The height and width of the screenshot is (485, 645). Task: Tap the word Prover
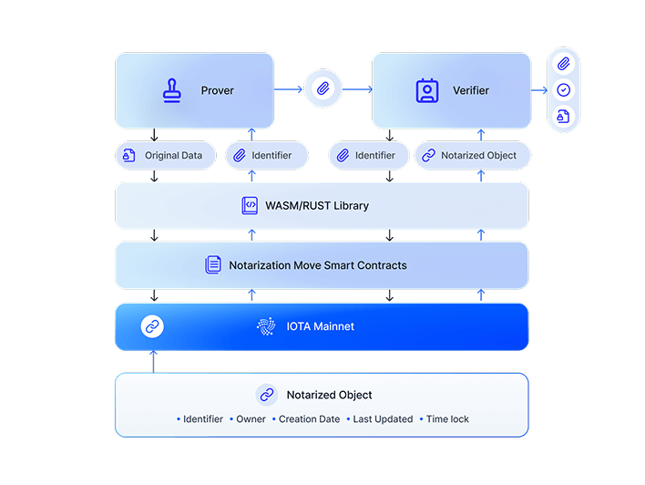218,90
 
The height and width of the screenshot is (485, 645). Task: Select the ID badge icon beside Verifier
426,90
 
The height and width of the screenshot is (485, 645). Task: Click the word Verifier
471,90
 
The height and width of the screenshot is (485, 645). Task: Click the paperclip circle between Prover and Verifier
322,89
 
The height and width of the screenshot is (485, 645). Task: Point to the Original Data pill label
173,156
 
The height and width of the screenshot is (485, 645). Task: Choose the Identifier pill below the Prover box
271,156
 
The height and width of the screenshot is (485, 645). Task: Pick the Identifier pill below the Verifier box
374,156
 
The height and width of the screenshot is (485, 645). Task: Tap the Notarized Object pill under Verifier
478,156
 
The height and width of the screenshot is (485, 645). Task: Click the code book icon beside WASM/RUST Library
250,205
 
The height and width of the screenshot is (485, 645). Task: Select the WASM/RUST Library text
317,205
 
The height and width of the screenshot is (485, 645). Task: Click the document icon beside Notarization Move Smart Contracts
213,265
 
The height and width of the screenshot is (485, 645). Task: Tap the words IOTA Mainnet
321,326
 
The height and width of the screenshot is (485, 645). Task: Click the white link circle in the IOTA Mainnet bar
153,326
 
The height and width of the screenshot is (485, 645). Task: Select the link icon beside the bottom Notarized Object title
267,395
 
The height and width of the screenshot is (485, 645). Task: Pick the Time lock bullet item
447,419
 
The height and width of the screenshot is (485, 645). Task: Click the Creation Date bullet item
310,419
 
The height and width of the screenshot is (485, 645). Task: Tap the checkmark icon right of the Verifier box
564,90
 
